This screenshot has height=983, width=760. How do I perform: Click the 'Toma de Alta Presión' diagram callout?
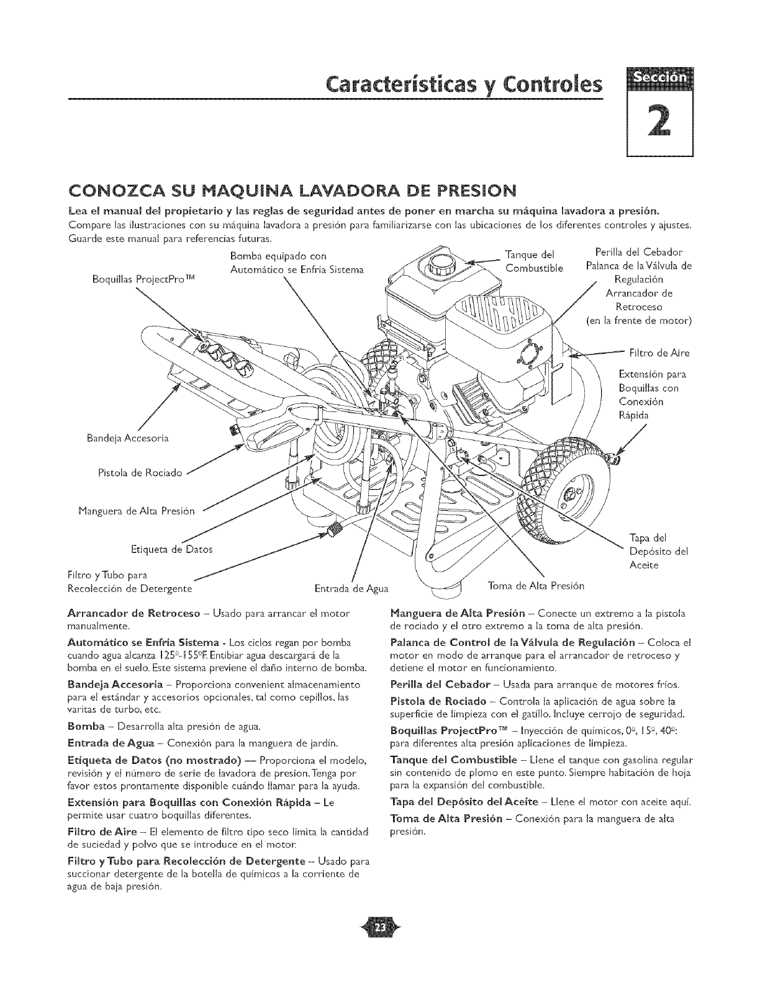(x=536, y=585)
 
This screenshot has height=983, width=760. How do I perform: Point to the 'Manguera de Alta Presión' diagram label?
(x=137, y=511)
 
